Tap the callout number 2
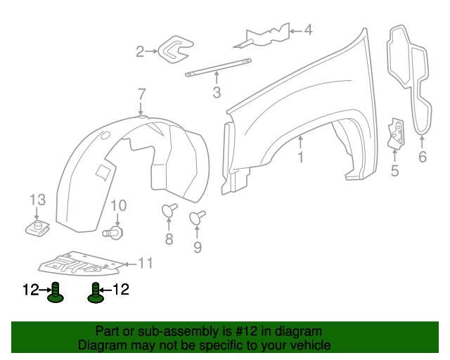tap(140, 51)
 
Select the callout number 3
tap(216, 92)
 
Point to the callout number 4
tap(307, 30)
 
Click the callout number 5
tap(394, 170)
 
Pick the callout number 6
tap(422, 157)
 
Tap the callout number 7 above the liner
tap(141, 94)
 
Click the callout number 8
tap(169, 239)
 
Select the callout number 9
tap(198, 246)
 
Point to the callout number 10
tap(118, 205)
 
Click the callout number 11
tap(145, 264)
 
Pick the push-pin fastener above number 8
tap(169, 210)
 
